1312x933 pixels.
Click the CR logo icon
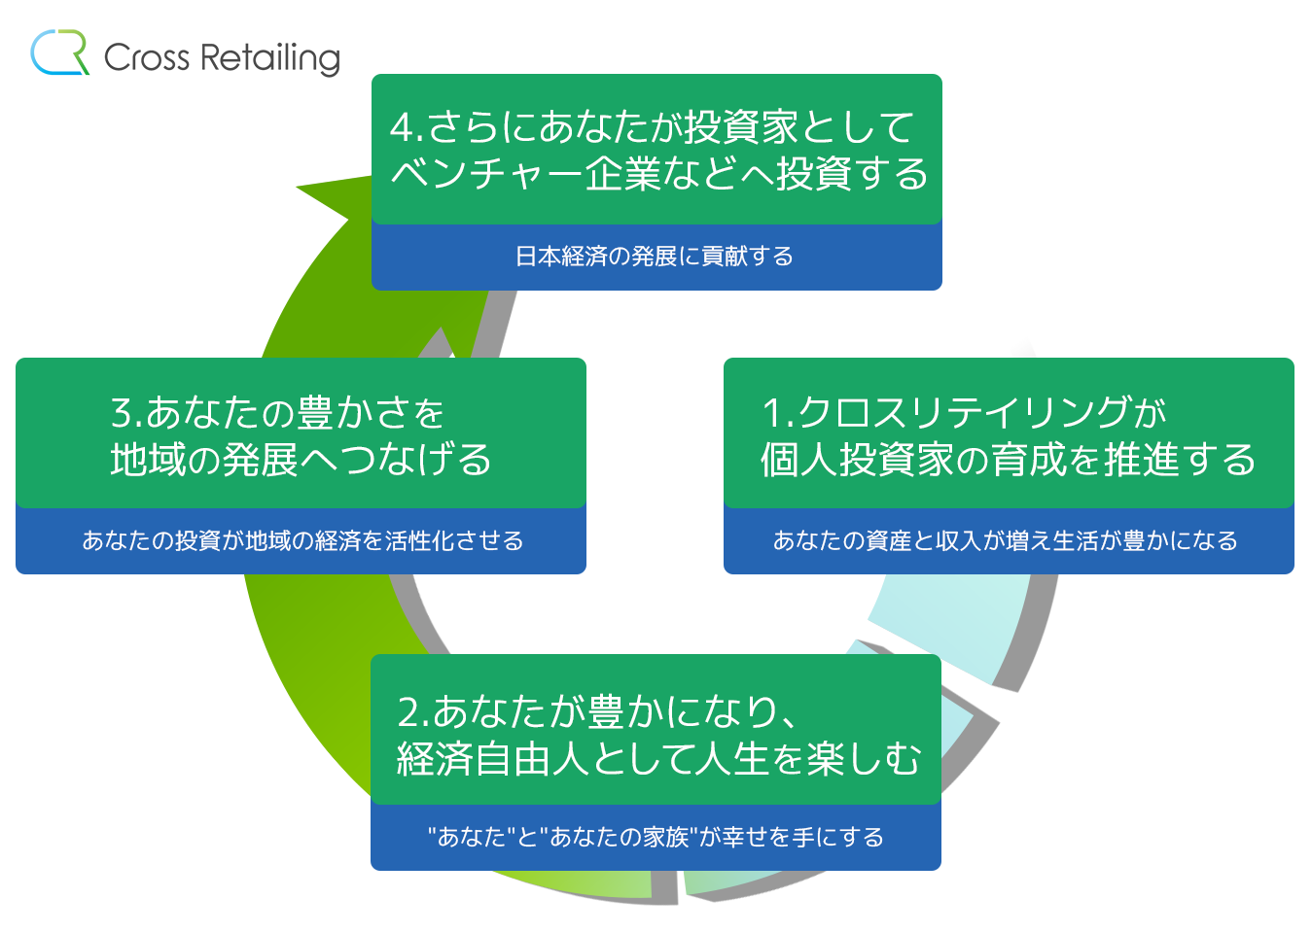pos(59,52)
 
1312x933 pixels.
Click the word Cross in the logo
pos(147,57)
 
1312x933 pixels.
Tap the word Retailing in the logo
pos(270,59)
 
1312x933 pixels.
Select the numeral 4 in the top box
pos(402,127)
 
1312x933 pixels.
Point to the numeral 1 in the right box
pos(772,412)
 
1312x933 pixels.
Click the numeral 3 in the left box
pos(123,412)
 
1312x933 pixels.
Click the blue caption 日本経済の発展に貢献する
pos(655,257)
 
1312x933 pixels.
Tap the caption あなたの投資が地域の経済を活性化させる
pos(302,540)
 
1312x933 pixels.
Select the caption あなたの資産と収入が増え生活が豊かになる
pos(1005,540)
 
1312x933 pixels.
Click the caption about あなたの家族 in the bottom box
pos(656,837)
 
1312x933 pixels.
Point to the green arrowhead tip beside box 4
pos(297,188)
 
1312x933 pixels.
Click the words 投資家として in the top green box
pos(798,127)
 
